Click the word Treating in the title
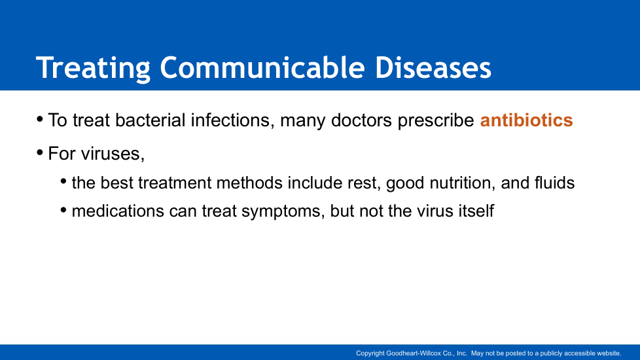94,68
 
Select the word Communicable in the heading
262,67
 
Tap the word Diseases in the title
433,67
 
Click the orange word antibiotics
527,120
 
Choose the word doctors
362,120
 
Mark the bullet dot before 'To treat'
40,120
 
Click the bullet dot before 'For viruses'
40,153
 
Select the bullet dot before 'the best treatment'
63,181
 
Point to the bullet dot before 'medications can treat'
63,210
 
